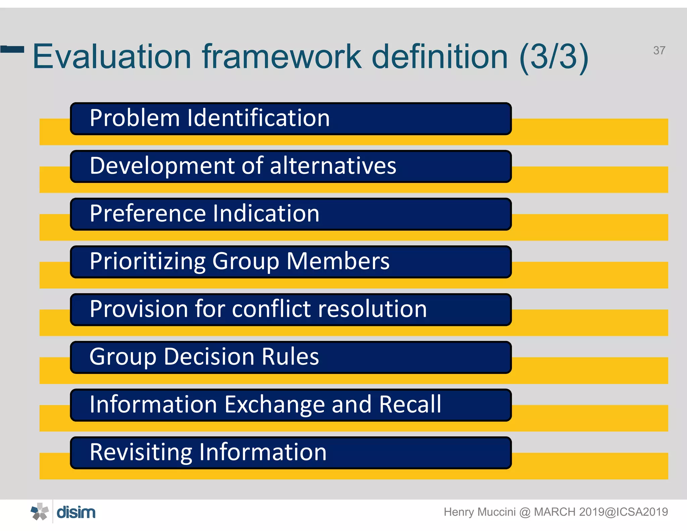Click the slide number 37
click(x=659, y=50)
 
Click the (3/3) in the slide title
click(x=554, y=57)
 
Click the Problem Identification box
click(x=290, y=118)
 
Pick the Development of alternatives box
click(x=290, y=166)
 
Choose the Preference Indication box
click(x=290, y=214)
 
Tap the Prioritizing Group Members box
click(x=290, y=262)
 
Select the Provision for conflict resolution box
click(x=290, y=309)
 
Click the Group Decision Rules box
click(x=290, y=357)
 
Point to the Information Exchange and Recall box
click(x=290, y=405)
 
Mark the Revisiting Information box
click(x=290, y=452)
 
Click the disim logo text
click(x=76, y=513)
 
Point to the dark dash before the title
click(x=12, y=50)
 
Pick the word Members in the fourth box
click(x=338, y=261)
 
